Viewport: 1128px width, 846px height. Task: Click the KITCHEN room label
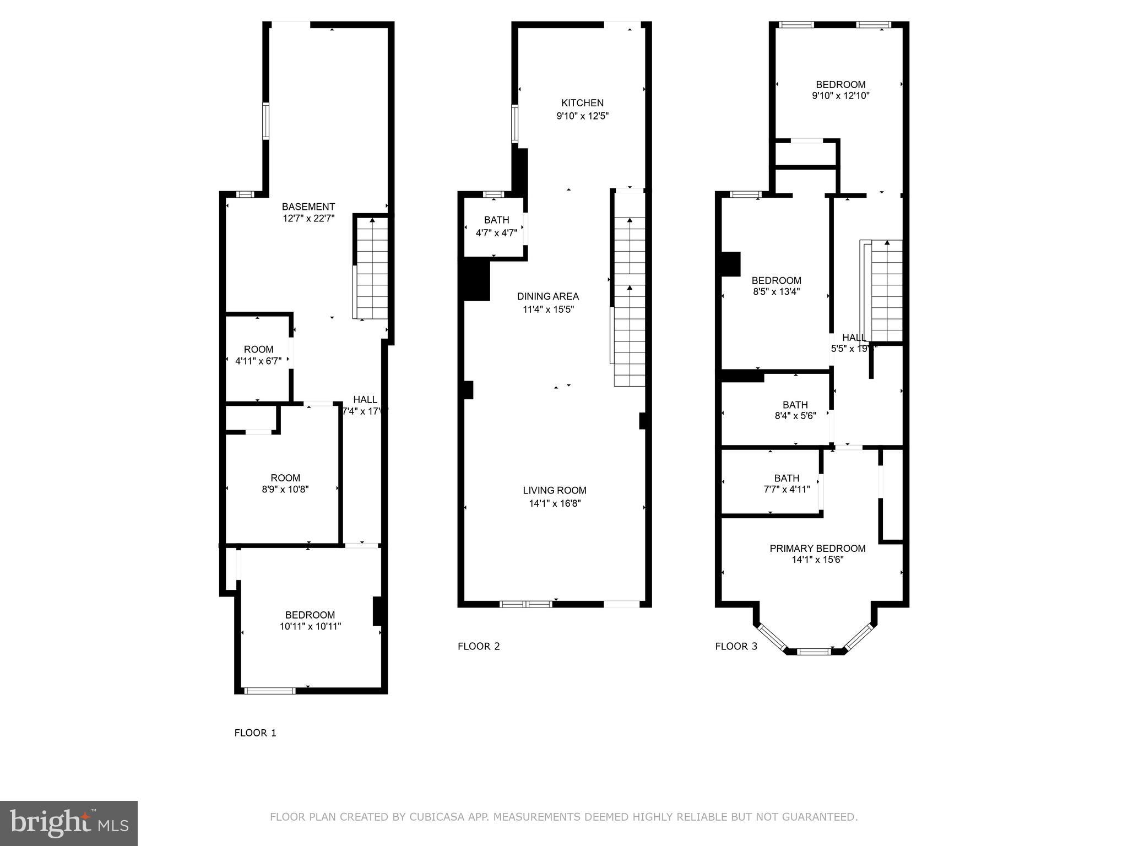tap(582, 103)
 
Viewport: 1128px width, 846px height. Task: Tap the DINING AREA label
tap(547, 296)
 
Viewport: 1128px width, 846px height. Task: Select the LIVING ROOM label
tap(554, 490)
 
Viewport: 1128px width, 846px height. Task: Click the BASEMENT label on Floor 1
tap(308, 207)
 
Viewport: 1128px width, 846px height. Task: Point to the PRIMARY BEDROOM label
tap(817, 548)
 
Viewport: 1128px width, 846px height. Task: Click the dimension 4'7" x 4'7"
tap(496, 233)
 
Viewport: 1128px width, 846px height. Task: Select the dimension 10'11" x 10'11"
tap(310, 626)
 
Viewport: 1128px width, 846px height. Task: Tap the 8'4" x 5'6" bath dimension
tap(795, 416)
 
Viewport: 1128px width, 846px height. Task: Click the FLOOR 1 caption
tap(255, 733)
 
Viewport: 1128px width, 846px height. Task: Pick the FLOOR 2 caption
tap(479, 646)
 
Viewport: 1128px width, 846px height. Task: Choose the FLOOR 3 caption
tap(736, 646)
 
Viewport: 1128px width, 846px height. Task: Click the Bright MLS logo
tap(69, 823)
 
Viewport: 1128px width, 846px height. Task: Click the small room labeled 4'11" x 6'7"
tap(258, 355)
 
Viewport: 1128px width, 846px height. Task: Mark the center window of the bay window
tap(814, 652)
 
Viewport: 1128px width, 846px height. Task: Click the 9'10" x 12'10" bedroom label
tap(840, 90)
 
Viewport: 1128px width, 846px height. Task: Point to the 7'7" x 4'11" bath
tap(786, 484)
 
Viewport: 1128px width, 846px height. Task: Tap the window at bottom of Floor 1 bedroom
tap(270, 691)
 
